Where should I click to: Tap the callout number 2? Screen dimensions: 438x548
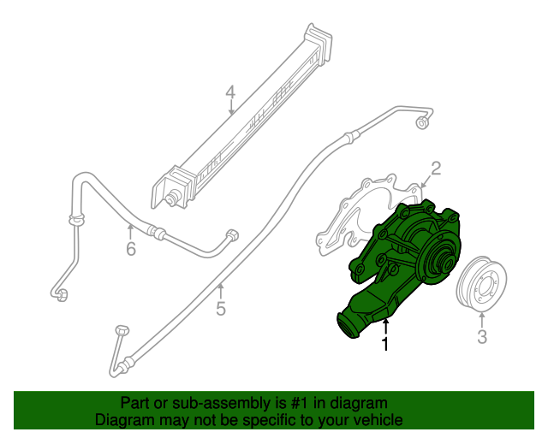(x=435, y=168)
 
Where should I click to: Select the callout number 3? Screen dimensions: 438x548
(x=482, y=337)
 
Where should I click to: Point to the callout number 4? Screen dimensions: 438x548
(x=230, y=92)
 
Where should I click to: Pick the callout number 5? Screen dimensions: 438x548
(x=220, y=309)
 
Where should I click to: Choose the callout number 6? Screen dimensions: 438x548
(x=130, y=249)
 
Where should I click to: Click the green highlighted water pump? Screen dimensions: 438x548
(x=402, y=265)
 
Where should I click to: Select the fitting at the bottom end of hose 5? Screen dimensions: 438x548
(x=120, y=330)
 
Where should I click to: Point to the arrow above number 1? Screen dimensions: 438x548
(x=385, y=326)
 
